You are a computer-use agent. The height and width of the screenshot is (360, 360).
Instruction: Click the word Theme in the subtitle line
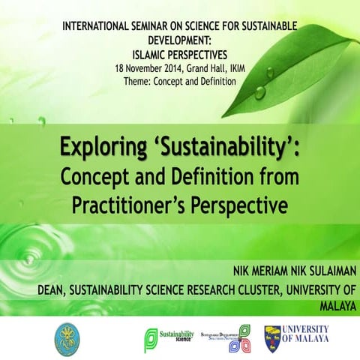pyautogui.click(x=139, y=79)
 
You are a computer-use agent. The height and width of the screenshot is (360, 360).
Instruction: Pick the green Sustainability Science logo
pyautogui.click(x=169, y=338)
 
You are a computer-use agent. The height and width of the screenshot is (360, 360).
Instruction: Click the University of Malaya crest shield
pyautogui.click(x=272, y=338)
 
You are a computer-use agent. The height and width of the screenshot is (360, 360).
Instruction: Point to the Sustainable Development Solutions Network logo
pyautogui.click(x=229, y=338)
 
